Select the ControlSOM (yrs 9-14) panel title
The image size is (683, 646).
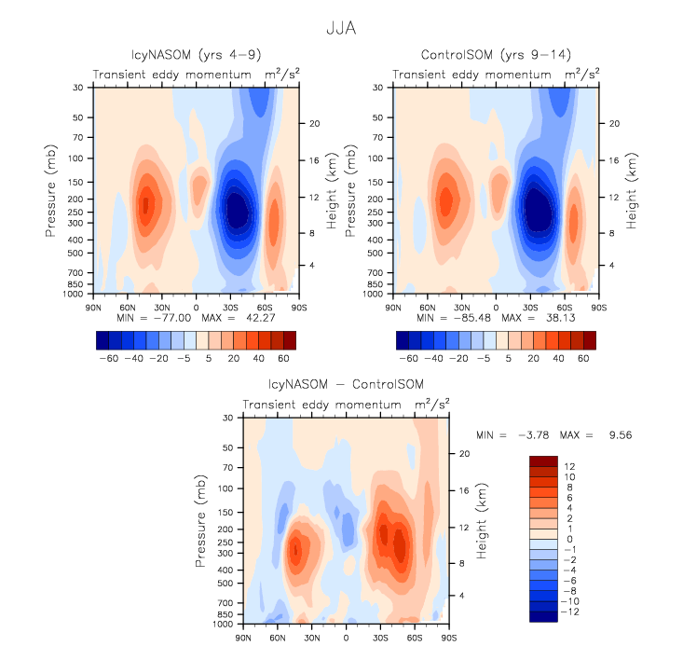click(495, 55)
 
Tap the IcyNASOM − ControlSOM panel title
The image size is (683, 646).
click(346, 385)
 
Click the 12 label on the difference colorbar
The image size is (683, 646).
click(569, 466)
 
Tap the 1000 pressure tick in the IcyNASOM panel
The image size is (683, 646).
click(76, 294)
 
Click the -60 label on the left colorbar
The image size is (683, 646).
click(121, 357)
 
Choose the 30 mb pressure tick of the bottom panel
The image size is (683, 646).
click(227, 419)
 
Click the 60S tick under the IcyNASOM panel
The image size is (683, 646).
click(265, 306)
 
